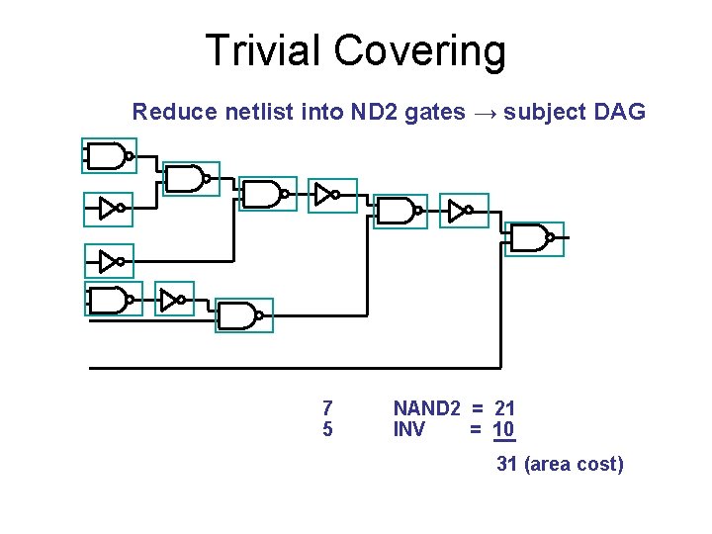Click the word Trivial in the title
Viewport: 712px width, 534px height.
tap(260, 50)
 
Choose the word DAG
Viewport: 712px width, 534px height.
tap(621, 112)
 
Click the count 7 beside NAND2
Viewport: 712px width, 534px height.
tap(327, 408)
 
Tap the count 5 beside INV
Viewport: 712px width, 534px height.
tap(327, 430)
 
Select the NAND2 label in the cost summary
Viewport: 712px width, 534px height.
tap(427, 408)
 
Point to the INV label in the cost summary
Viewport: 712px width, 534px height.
tap(409, 430)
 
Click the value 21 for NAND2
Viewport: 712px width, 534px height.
tap(504, 408)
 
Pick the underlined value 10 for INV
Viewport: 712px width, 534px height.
tap(504, 430)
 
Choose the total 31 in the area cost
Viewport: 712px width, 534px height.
tap(507, 464)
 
